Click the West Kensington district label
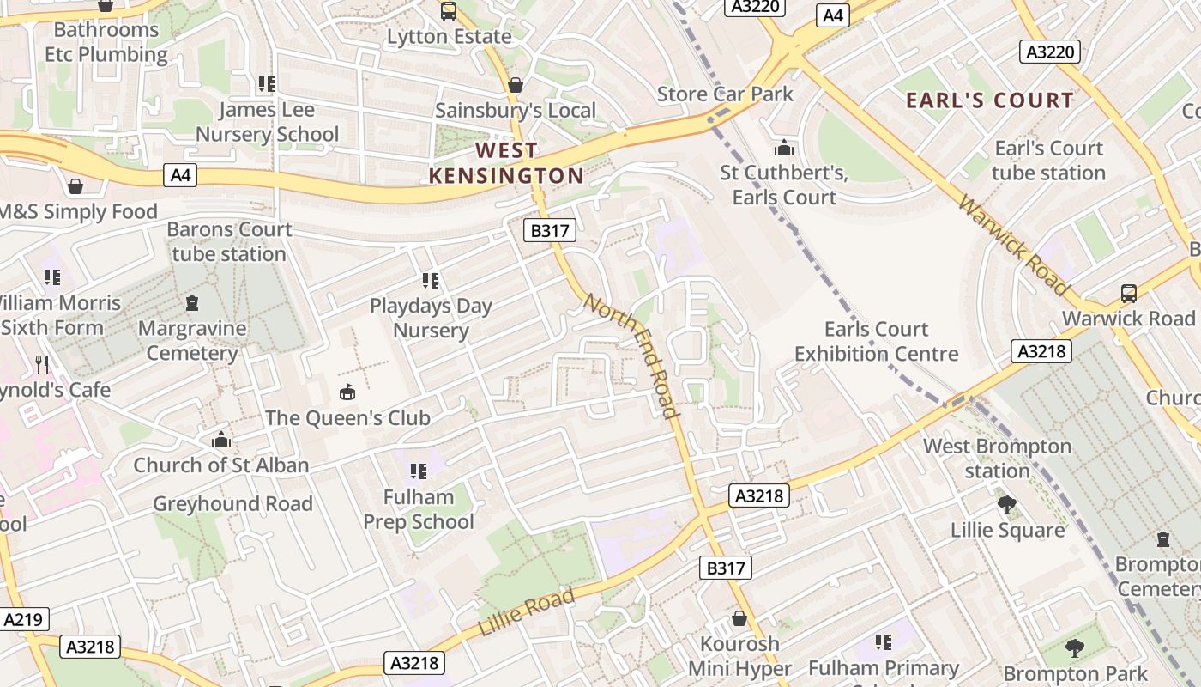[x=506, y=163]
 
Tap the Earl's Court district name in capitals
[x=989, y=100]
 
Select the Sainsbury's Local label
[x=515, y=111]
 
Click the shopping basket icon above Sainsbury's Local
[x=516, y=85]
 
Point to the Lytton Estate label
[x=449, y=37]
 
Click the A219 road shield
[x=25, y=619]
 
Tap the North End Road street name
[x=633, y=356]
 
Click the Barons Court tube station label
[x=229, y=242]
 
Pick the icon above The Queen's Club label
[x=347, y=392]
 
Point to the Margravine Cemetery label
[x=192, y=340]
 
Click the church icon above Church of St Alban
[x=221, y=440]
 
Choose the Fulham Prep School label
[x=419, y=509]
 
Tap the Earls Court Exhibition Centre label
[x=876, y=341]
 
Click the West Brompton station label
[x=997, y=459]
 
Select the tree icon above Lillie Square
[x=1007, y=504]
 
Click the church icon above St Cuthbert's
[x=783, y=148]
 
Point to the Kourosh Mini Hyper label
[x=739, y=656]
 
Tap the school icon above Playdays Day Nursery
[x=431, y=280]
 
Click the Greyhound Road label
[x=232, y=503]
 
